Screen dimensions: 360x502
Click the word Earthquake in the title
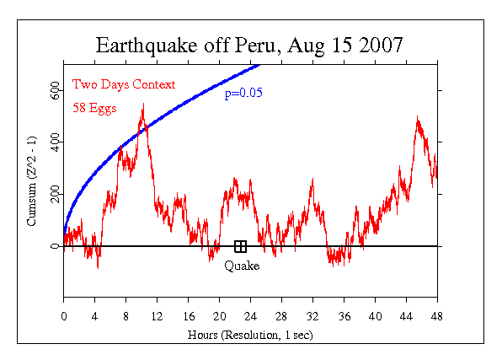coord(145,46)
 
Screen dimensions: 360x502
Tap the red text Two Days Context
coord(124,84)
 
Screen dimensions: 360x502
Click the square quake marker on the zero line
coord(240,246)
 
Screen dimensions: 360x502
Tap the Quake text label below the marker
coord(242,266)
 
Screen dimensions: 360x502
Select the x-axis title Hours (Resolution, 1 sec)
coord(250,333)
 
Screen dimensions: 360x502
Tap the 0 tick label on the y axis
coord(55,247)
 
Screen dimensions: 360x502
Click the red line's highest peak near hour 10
coord(143,104)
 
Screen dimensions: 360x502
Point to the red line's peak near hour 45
coord(416,118)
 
